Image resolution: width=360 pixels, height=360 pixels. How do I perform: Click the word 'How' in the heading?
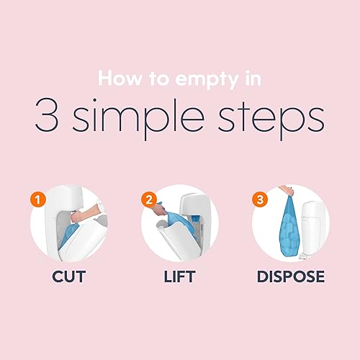120,78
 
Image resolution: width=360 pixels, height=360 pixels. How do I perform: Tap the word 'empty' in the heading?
207,80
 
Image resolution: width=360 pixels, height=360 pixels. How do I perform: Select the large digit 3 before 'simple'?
47,115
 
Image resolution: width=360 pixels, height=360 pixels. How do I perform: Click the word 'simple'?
138,119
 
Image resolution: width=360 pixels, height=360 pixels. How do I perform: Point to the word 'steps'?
271,119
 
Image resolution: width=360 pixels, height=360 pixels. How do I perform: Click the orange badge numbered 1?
38,199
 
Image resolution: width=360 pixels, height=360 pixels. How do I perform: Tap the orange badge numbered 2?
149,199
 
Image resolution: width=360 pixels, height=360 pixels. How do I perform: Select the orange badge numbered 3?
260,199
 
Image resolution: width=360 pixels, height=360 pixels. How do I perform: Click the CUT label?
68,276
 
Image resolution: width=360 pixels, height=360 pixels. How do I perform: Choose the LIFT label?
179,276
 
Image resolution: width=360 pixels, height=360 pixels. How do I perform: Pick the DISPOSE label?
291,276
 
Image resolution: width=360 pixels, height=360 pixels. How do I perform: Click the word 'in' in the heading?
253,78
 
